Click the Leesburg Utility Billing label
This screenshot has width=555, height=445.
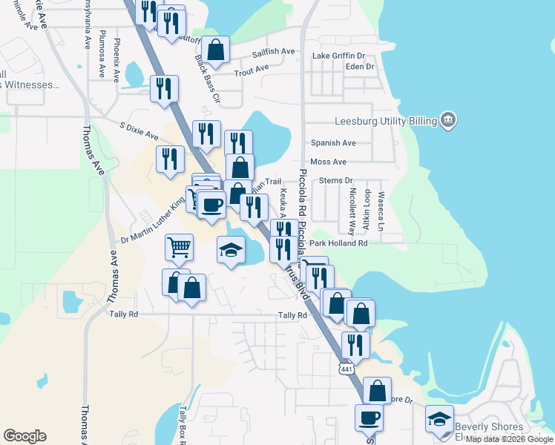point(384,119)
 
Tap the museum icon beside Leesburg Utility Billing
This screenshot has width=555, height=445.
point(447,119)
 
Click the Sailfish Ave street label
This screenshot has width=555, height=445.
point(274,53)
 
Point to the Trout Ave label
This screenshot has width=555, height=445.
point(252,71)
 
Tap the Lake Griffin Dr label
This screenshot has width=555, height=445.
point(339,56)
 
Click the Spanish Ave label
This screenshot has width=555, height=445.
point(333,142)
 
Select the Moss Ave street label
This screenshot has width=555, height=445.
point(329,162)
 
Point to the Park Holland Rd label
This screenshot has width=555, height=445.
point(338,243)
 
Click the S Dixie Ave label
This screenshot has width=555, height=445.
point(139,131)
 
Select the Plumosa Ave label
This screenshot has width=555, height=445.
point(102,54)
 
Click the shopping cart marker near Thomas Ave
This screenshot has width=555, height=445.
point(179,247)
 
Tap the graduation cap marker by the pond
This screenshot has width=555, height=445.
point(231,249)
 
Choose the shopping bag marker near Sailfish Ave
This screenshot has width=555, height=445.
point(215,50)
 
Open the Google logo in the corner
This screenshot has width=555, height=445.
point(24,436)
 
